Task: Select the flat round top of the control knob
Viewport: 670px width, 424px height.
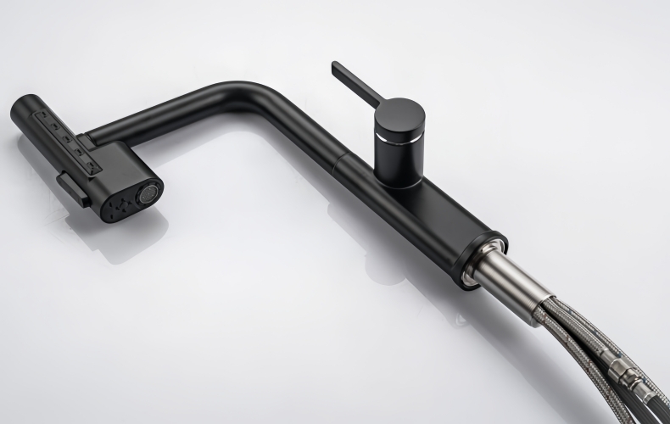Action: [398, 114]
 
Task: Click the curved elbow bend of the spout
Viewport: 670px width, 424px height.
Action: [246, 92]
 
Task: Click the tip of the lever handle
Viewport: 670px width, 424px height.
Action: [337, 65]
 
